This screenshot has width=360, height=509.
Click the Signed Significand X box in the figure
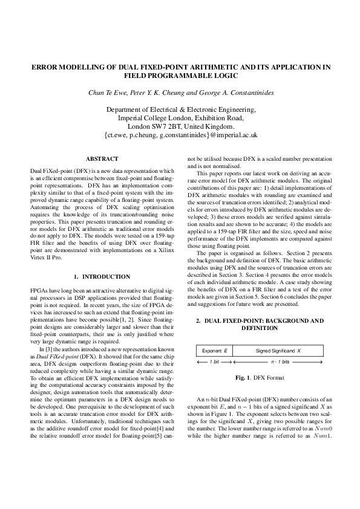[x=278, y=351]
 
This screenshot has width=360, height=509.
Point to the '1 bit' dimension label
[x=214, y=361]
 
